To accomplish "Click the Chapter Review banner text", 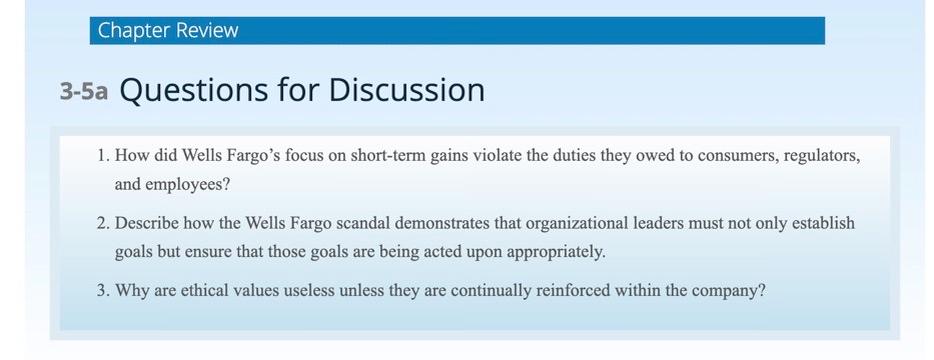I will tap(168, 30).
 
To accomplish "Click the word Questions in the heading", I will tap(189, 91).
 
